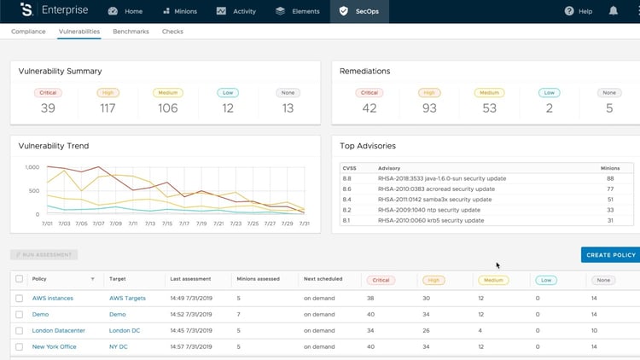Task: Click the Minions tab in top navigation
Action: pos(180,11)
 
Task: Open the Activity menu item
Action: pos(238,11)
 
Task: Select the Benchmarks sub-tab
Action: pos(131,32)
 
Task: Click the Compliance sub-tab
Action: pos(28,32)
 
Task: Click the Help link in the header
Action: pos(578,11)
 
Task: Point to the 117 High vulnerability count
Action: pos(108,108)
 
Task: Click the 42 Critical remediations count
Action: pos(369,108)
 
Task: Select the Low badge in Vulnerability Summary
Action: pos(227,92)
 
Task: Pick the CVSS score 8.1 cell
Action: pos(347,220)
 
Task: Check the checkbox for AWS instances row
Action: pos(20,299)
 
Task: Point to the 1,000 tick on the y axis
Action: pos(32,167)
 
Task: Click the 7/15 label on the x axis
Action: pos(167,224)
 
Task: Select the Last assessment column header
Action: pos(189,279)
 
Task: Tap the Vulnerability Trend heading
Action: pos(54,146)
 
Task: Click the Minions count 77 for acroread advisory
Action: pos(609,189)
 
